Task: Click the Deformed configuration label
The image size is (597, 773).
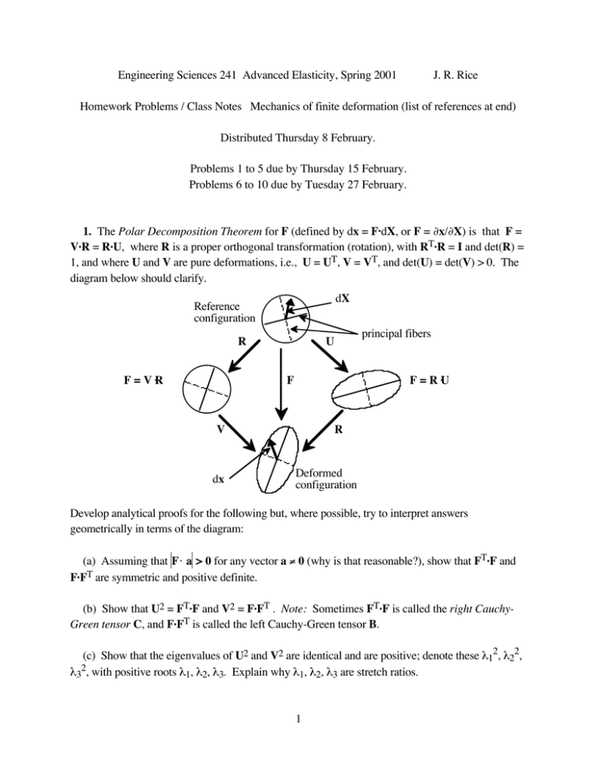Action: click(x=326, y=478)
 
